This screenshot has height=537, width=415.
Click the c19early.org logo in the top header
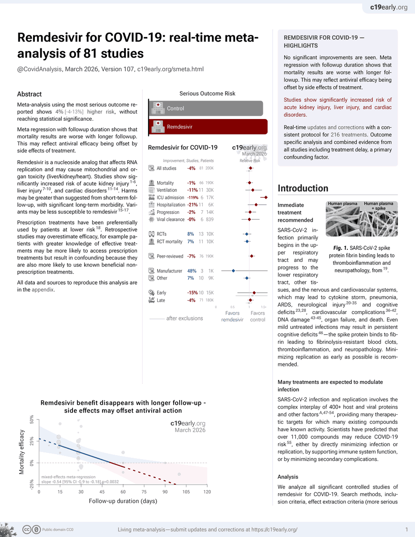pos(389,7)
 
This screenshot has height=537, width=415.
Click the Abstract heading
pos(29,94)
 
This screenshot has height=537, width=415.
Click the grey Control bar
pos(205,108)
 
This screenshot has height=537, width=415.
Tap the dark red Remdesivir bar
pos(208,127)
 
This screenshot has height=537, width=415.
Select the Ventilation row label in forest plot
pos(167,190)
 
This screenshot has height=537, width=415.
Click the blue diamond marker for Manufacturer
pos(233,271)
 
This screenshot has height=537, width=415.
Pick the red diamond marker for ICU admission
pos(265,197)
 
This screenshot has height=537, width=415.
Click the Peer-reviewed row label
pos(170,256)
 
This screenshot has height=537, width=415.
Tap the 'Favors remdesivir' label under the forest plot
pos(232,316)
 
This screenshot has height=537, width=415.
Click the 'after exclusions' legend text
pos(184,318)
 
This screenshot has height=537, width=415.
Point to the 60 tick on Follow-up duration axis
pos(123,492)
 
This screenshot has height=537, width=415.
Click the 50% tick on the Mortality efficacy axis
pos(32,419)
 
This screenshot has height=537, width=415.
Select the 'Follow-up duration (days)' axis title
pos(123,501)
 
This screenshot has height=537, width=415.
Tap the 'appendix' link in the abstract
pos(42,290)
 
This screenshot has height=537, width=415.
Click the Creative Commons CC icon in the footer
pos(27,529)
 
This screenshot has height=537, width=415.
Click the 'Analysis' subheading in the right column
pos(288,477)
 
